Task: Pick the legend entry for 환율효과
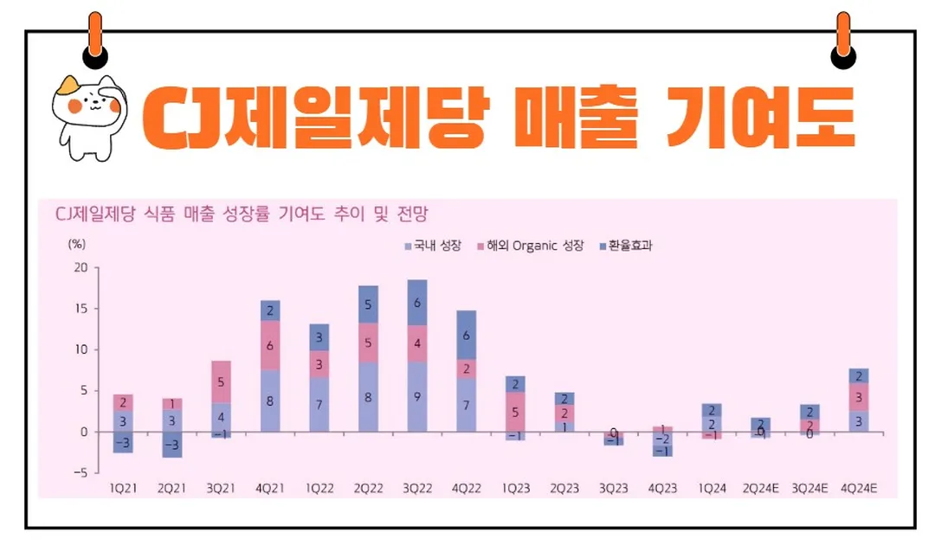tap(625, 246)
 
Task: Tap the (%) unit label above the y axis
tap(77, 245)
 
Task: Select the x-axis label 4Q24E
tap(859, 488)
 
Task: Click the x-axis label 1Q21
tap(123, 488)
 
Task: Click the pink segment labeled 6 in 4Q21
tap(269, 345)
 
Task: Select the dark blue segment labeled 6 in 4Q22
tap(466, 335)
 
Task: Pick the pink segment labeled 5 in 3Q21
tap(221, 381)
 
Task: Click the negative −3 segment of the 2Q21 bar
tap(171, 445)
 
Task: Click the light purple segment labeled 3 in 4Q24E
tap(859, 420)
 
